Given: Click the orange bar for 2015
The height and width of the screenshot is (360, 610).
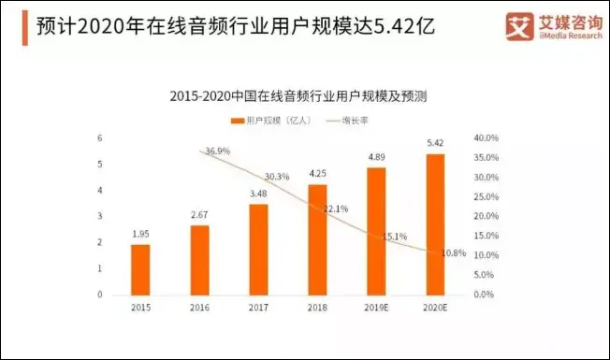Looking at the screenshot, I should coord(140,269).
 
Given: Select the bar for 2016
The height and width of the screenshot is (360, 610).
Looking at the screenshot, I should coord(199,260).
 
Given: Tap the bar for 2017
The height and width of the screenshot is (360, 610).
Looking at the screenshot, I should coord(258,250).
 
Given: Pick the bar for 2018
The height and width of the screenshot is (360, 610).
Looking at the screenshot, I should coord(317,239).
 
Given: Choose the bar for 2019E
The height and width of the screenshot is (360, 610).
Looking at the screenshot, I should coord(376,231).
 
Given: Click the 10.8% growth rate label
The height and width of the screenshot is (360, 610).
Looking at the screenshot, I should coord(453,253).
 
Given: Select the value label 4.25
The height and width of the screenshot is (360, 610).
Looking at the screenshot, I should coord(317,173).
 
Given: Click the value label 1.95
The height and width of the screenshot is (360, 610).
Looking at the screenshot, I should coord(140,233).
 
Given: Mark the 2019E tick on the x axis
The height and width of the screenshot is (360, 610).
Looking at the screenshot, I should coord(376,308).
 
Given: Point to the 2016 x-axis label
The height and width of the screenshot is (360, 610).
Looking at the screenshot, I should coord(199,308).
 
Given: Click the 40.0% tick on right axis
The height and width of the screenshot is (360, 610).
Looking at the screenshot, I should coord(486,138).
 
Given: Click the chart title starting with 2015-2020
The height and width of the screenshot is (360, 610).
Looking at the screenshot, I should coord(305,96).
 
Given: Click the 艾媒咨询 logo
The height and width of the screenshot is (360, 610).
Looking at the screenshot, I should coord(548,25).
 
